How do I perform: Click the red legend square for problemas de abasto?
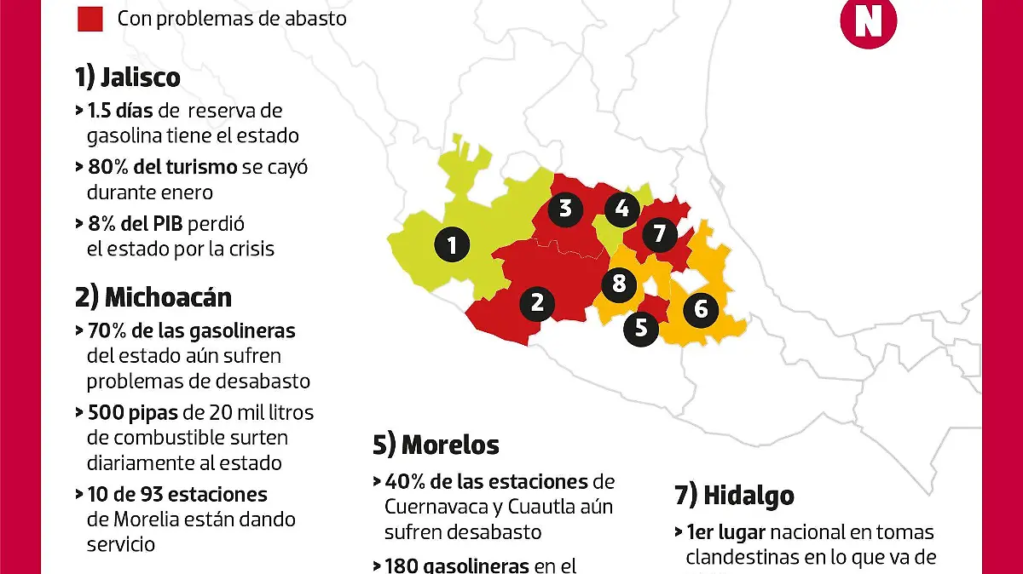[90, 18]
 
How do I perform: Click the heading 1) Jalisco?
[128, 77]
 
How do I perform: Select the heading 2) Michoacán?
[153, 297]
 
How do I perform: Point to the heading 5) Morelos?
[436, 445]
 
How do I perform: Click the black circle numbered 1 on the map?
[452, 245]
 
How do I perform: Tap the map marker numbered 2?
[537, 302]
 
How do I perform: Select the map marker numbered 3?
[565, 209]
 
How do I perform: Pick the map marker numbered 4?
[621, 209]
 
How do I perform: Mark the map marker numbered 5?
[641, 328]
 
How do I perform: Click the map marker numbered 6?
[701, 308]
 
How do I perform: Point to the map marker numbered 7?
[659, 233]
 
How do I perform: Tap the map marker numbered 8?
[620, 283]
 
